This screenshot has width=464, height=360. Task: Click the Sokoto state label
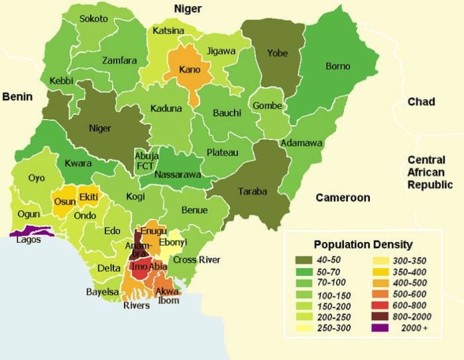coord(93,19)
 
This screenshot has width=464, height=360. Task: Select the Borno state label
coord(337,67)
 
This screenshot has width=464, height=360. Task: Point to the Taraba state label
coord(252,191)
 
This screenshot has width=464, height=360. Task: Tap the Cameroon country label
coord(343,198)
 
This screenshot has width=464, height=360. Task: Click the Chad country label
coord(421,102)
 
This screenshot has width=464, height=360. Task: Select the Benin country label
coord(17,97)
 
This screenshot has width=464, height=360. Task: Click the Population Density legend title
coord(363,244)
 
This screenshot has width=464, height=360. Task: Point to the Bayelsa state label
coord(102,292)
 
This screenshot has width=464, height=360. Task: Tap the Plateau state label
coord(222,153)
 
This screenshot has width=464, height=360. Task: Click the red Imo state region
coord(140,270)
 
